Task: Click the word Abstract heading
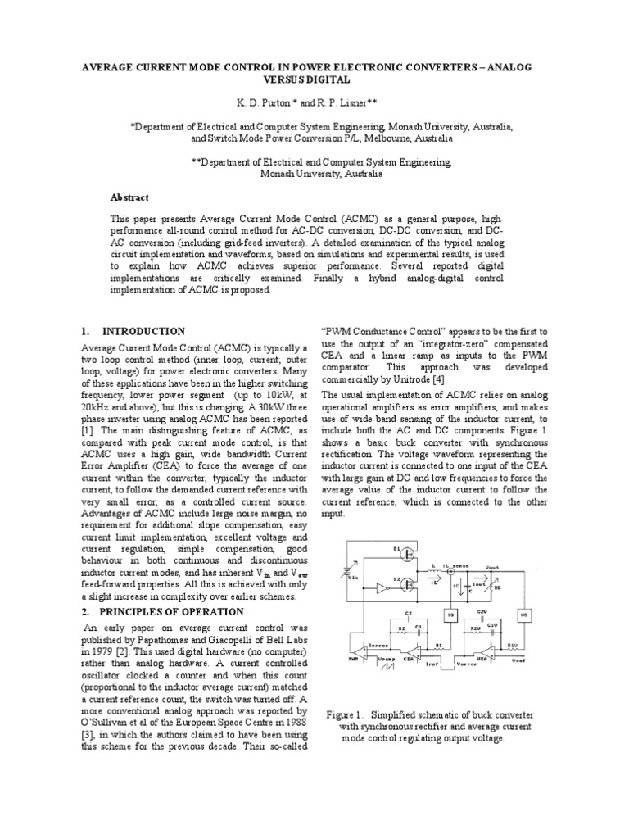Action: pyautogui.click(x=132, y=197)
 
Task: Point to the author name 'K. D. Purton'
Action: pyautogui.click(x=263, y=105)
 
